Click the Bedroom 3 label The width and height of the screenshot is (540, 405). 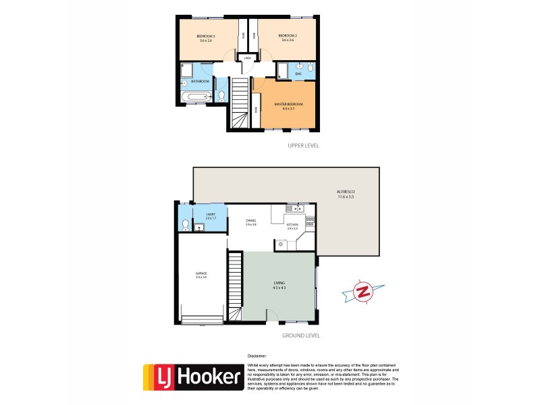click(205, 35)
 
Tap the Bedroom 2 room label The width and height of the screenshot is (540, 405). click(290, 35)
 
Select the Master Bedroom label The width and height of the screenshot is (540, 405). click(288, 104)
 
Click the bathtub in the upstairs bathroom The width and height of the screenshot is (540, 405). click(195, 98)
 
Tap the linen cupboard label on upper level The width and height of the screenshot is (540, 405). click(248, 59)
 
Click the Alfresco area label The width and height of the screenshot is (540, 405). click(346, 193)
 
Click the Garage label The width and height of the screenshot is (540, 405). click(200, 273)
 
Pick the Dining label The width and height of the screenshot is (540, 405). click(250, 221)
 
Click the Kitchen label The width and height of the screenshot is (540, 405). click(292, 225)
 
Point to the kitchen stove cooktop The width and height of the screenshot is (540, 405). click(310, 221)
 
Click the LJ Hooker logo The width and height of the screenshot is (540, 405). click(193, 379)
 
